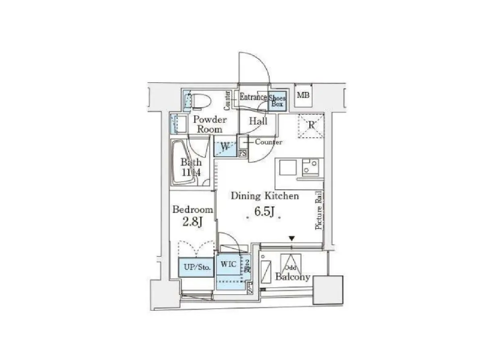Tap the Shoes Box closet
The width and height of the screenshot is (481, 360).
tap(277, 101)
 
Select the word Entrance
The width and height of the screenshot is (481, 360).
tap(253, 97)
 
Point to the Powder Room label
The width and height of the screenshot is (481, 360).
tap(209, 124)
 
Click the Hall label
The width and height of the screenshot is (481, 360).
tap(258, 121)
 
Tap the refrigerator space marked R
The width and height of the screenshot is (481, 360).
tap(311, 125)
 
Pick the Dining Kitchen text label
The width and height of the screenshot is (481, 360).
tap(264, 196)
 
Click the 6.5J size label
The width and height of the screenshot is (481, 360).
tap(264, 211)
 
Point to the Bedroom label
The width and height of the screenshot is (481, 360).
tap(192, 209)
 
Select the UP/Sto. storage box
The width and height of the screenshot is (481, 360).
tap(196, 267)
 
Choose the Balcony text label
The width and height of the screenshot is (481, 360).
tap(293, 277)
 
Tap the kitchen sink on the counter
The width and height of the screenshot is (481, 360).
tap(288, 167)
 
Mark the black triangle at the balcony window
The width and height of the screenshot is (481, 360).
tap(291, 238)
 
